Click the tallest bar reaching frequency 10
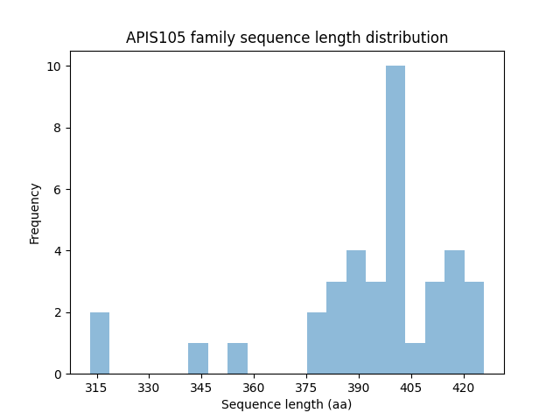395,220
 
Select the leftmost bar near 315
100,343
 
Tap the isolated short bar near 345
198,359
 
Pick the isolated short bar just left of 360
237,359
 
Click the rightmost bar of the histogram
473,328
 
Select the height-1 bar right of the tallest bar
415,359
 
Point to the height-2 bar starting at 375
317,343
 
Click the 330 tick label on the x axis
149,388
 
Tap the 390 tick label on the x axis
359,388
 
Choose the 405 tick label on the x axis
411,388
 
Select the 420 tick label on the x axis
464,388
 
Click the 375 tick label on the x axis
306,388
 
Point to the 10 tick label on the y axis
53,66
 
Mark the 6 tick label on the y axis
57,190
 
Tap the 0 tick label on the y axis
57,374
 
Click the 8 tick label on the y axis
57,128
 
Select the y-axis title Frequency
35,213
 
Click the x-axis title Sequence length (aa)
285,404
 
